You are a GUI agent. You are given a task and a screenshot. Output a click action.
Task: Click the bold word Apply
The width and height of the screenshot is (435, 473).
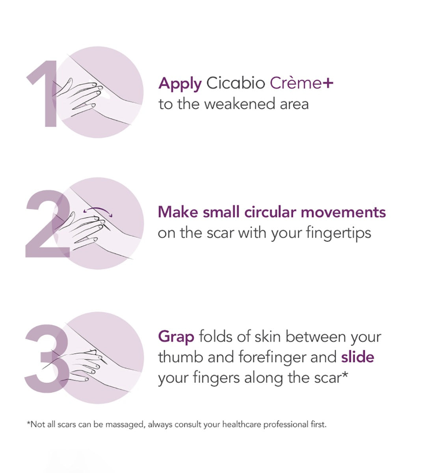pyautogui.click(x=180, y=84)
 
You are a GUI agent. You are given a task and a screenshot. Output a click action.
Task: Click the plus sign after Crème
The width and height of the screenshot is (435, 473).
pyautogui.click(x=328, y=83)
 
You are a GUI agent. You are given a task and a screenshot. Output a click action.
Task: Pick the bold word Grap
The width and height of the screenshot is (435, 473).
pyautogui.click(x=176, y=337)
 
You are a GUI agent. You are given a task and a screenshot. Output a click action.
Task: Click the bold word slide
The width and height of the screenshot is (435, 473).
pyautogui.click(x=358, y=357)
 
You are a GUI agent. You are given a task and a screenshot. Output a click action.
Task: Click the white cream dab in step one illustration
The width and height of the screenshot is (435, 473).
pyautogui.click(x=95, y=84)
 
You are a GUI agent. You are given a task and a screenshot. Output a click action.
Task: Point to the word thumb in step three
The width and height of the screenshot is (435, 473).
pyautogui.click(x=180, y=357)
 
